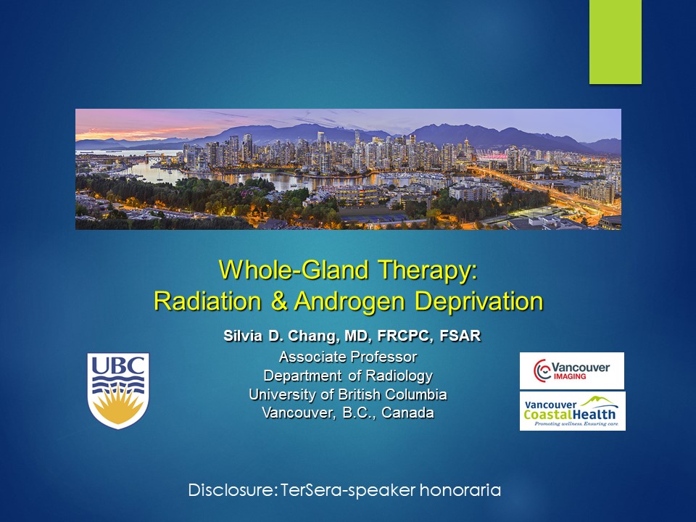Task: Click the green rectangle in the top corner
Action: coord(616,42)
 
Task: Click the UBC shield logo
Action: coord(118,391)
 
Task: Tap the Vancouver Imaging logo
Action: coord(572,370)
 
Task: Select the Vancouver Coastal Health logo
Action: coord(573,411)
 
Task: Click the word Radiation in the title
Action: coord(207,301)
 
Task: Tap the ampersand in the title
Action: coord(278,301)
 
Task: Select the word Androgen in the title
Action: coord(349,302)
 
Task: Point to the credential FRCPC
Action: coord(405,336)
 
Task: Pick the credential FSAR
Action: coord(460,336)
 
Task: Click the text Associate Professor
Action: coord(348,357)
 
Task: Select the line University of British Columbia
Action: coord(348,394)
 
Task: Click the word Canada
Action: coord(407,413)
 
